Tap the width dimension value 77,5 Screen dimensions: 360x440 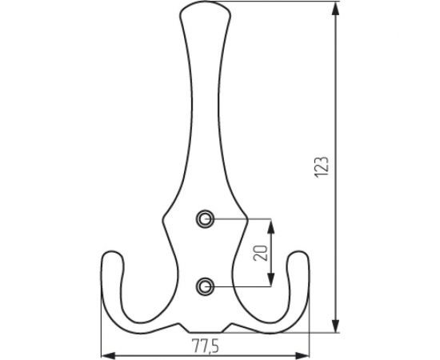[x=206, y=346]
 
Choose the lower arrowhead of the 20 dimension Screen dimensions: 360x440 [x=273, y=278]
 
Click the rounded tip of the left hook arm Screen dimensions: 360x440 [x=111, y=258]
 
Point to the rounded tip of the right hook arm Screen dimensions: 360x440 [x=299, y=258]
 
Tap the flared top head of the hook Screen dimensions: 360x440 [x=206, y=11]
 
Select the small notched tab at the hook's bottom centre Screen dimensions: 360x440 [x=206, y=329]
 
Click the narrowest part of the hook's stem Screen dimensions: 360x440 [x=206, y=72]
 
